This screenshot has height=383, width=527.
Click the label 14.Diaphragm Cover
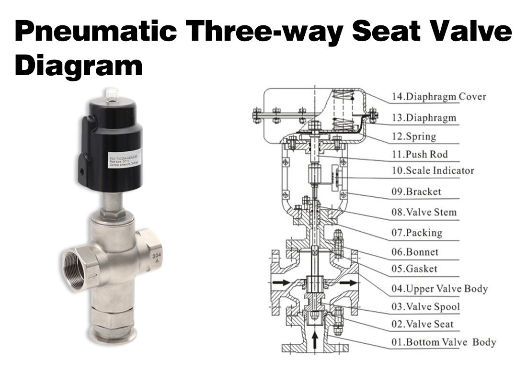click(x=439, y=97)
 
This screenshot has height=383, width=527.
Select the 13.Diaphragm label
click(x=424, y=118)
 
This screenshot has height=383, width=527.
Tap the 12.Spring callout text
click(x=414, y=136)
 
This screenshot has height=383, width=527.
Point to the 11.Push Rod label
click(x=420, y=154)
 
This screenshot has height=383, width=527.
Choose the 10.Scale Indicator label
click(x=433, y=171)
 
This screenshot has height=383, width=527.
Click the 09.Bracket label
click(x=416, y=192)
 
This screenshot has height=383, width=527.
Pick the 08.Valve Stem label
click(x=424, y=212)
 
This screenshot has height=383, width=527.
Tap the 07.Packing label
click(x=417, y=233)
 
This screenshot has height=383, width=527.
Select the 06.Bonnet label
click(x=415, y=252)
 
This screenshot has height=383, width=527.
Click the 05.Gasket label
click(x=414, y=269)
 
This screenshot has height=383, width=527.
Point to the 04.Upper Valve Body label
click(x=439, y=289)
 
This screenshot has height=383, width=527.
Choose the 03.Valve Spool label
click(x=425, y=307)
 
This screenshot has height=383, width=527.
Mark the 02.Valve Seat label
click(x=422, y=324)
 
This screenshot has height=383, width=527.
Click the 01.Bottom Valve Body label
click(x=444, y=342)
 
